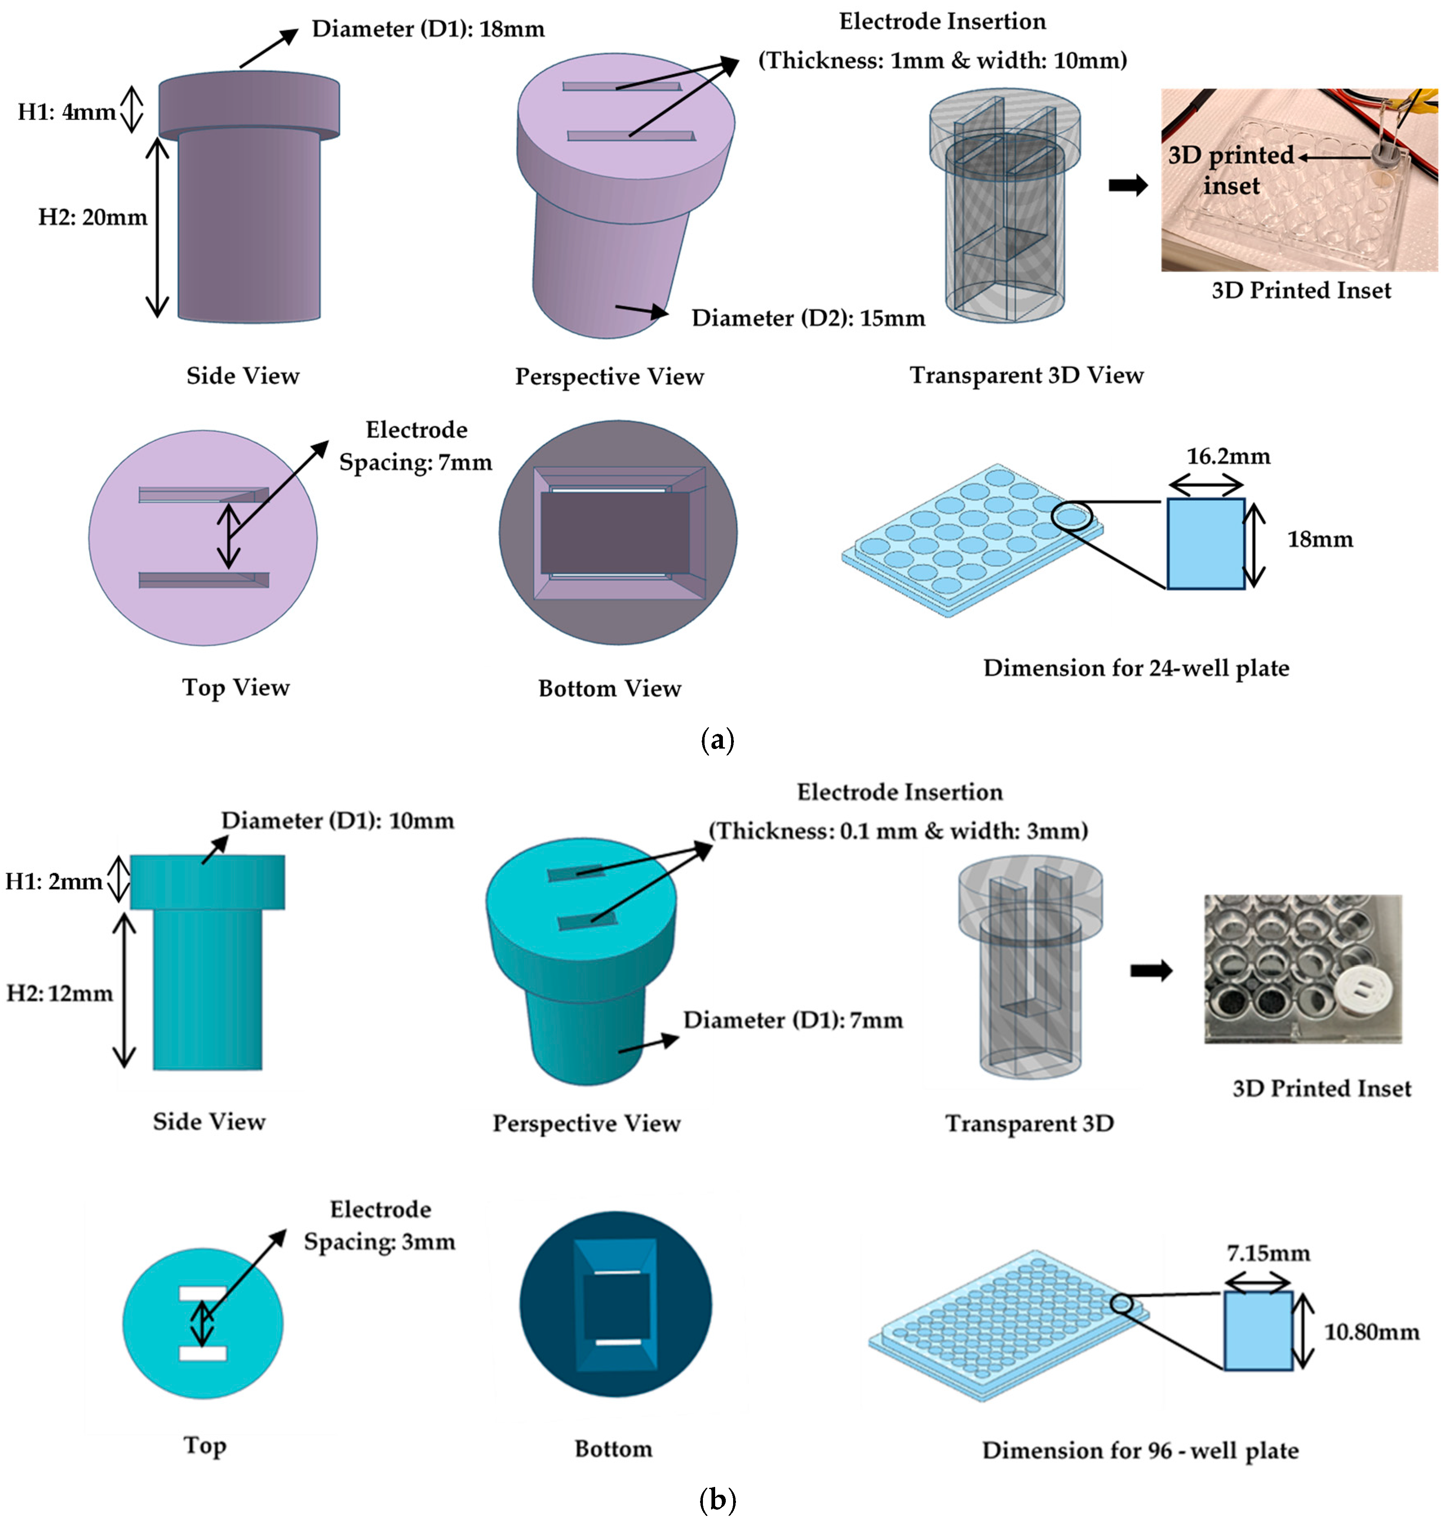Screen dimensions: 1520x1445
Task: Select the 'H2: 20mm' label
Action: point(93,217)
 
